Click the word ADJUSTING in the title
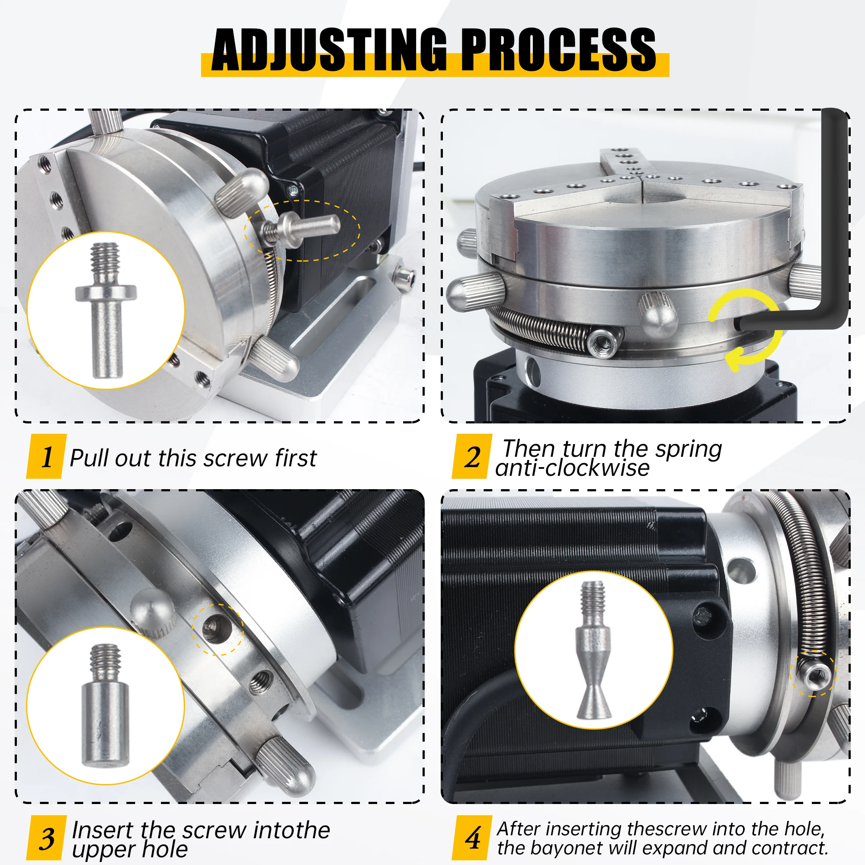(329, 50)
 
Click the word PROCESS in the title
(558, 50)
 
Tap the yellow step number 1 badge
(47, 457)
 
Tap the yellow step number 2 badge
(472, 457)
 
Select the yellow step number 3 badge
(47, 838)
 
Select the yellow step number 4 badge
(472, 838)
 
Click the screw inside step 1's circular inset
(106, 309)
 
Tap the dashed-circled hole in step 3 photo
(218, 629)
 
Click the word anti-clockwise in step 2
(572, 468)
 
